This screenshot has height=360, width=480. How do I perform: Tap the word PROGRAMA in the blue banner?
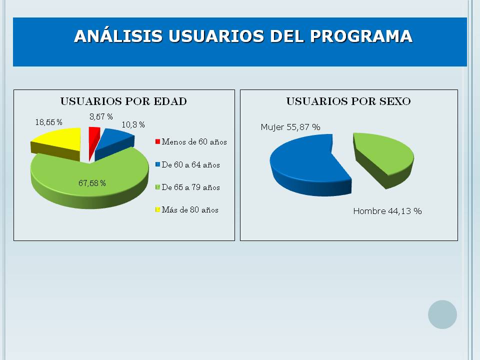click(x=361, y=36)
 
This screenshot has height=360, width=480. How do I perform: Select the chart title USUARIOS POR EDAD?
click(x=123, y=101)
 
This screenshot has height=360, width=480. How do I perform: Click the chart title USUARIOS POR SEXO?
click(x=348, y=101)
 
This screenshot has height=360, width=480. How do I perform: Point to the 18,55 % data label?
click(x=48, y=122)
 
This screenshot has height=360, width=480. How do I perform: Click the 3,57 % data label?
click(x=101, y=116)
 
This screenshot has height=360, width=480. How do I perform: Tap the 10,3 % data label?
click(x=133, y=124)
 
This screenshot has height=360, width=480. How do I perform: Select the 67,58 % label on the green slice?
click(x=92, y=183)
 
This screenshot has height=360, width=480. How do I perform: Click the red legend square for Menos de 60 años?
click(x=157, y=141)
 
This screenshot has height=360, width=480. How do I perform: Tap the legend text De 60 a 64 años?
click(x=190, y=164)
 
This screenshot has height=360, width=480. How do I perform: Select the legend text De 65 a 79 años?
click(x=190, y=187)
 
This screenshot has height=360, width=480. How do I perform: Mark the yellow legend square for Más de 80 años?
click(x=157, y=209)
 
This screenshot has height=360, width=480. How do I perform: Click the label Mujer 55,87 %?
click(x=290, y=127)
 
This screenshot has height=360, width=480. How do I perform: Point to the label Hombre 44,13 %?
click(x=387, y=211)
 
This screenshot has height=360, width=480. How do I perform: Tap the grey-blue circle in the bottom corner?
click(x=442, y=314)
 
